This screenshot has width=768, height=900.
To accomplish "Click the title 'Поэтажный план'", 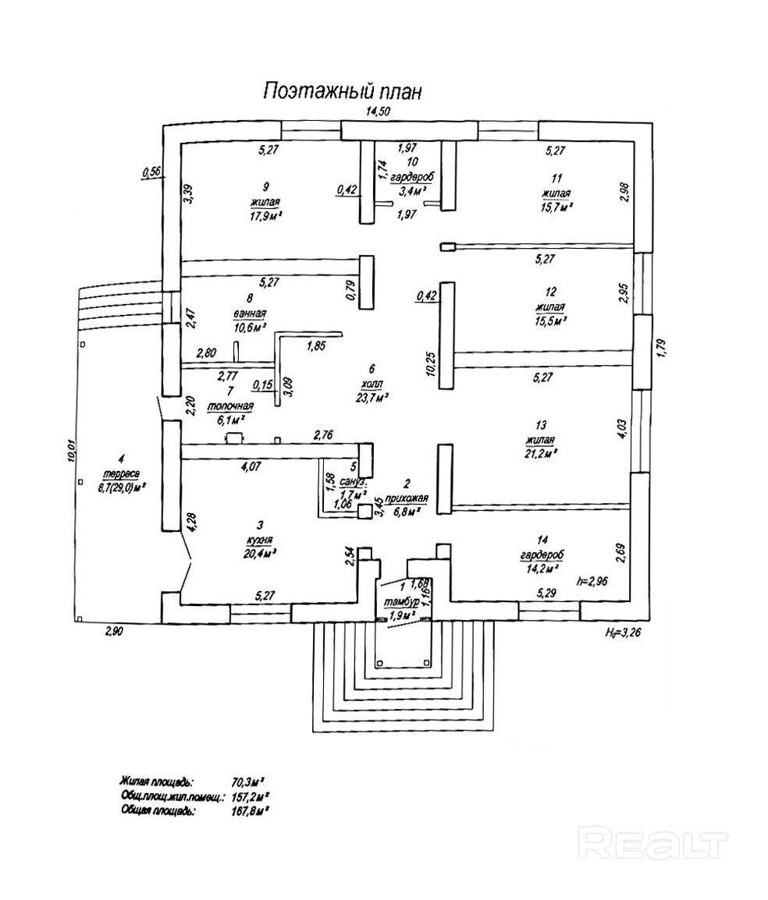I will (x=342, y=90).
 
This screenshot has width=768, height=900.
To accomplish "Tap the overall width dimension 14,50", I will (x=378, y=112).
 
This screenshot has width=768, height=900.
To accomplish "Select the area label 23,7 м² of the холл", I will (x=371, y=398).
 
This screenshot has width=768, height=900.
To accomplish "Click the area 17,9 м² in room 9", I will (x=265, y=216).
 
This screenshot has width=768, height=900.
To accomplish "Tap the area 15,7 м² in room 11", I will (x=554, y=206).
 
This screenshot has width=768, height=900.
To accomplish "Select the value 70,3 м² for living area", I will (x=248, y=780).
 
